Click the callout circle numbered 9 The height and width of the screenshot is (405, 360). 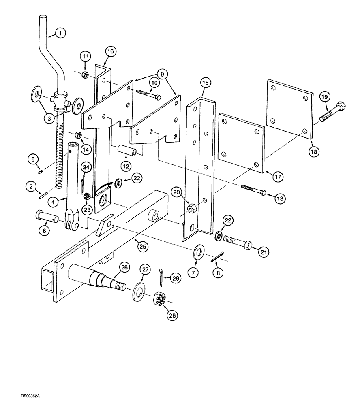coord(162,74)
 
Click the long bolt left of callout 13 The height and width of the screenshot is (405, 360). coord(253,188)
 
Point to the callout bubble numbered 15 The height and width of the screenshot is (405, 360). coord(205,83)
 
